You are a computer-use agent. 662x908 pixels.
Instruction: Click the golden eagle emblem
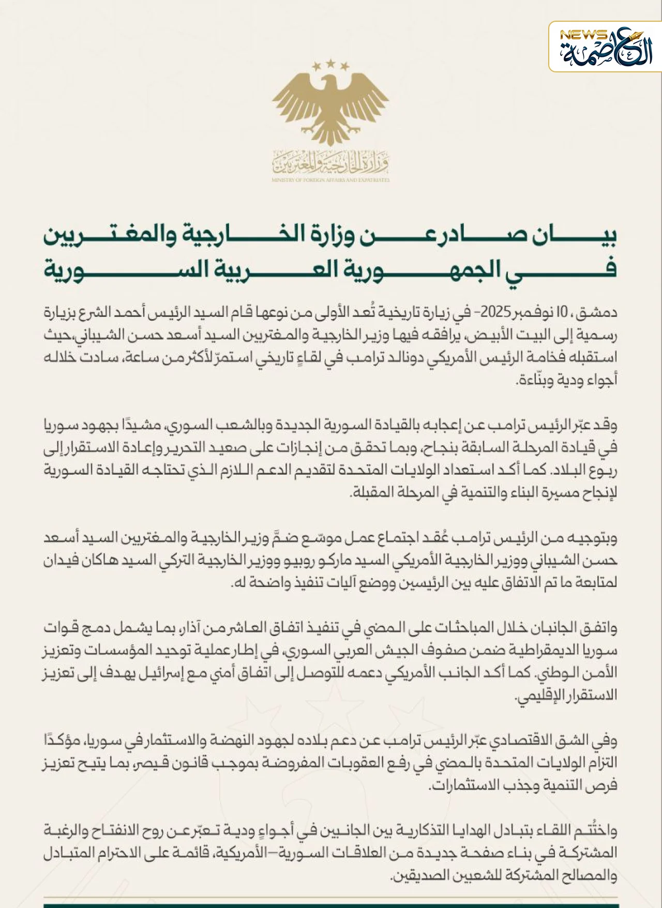pyautogui.click(x=331, y=103)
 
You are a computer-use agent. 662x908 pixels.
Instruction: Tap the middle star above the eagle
pyautogui.click(x=331, y=63)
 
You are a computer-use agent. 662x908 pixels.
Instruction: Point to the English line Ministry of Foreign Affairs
pyautogui.click(x=331, y=180)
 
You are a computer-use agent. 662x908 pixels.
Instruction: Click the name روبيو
pyautogui.click(x=302, y=561)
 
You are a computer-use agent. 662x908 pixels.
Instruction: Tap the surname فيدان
pyautogui.click(x=61, y=561)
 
